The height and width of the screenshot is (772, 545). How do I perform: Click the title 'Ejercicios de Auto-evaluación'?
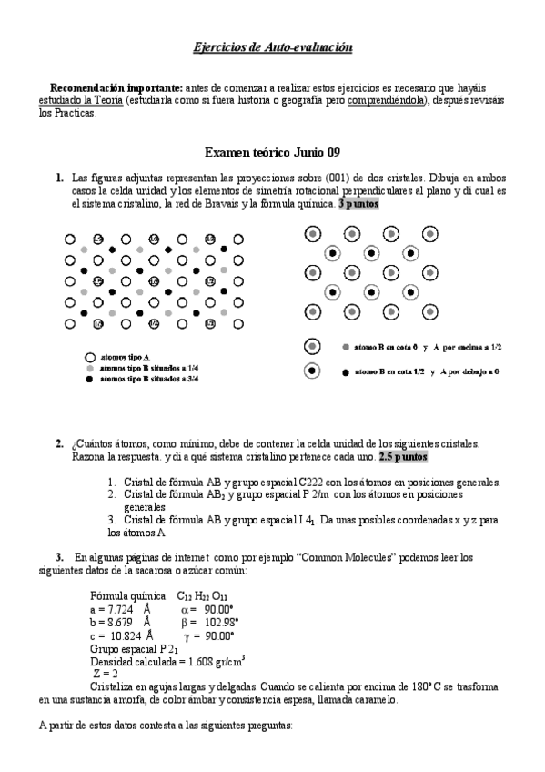point(273,46)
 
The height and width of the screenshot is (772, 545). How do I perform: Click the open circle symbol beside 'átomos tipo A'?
point(89,357)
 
